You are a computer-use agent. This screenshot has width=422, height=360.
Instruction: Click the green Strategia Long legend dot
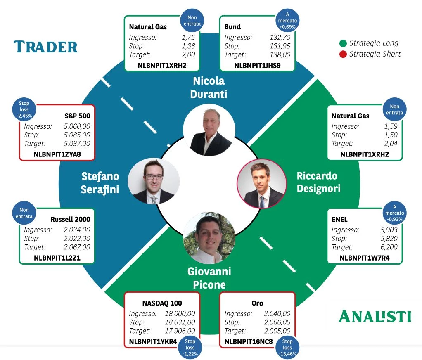[343, 43]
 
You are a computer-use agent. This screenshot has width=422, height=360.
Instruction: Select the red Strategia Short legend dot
[343, 54]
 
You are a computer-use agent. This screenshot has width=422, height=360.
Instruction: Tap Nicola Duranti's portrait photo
[209, 130]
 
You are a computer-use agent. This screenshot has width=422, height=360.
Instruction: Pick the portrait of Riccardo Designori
[262, 183]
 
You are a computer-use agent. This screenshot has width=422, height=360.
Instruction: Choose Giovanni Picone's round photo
[209, 237]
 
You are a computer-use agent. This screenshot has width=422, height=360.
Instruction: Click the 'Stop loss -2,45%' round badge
[24, 109]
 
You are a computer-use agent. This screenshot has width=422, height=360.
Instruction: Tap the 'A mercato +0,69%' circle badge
[287, 21]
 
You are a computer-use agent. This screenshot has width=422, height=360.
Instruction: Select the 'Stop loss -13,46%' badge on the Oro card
[287, 347]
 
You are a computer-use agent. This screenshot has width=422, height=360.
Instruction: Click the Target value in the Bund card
[280, 54]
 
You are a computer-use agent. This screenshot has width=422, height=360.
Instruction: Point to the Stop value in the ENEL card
[389, 238]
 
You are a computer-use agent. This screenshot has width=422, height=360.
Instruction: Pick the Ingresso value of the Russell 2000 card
[77, 230]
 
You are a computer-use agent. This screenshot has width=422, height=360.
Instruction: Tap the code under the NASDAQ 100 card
[153, 342]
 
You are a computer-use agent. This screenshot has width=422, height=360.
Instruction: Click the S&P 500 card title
[77, 116]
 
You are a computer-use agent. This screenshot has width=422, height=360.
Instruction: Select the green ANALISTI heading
[375, 316]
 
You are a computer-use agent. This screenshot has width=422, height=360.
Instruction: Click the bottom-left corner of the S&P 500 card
[19, 160]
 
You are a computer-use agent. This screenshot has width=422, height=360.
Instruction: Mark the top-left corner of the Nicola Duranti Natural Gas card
[124, 16]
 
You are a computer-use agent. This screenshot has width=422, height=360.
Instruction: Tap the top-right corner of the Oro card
[295, 292]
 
